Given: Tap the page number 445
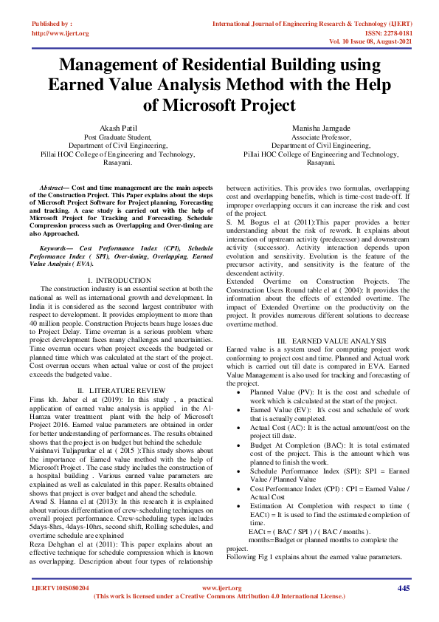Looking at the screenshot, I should coord(404,588).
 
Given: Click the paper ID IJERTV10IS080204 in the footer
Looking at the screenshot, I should coord(60,588).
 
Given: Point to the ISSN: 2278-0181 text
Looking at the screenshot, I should coord(393,33).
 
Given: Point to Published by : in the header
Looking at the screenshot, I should coord(52,24).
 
